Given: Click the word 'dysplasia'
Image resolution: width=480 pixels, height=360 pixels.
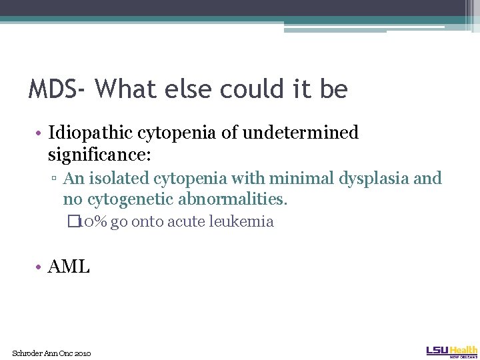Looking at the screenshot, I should click(x=373, y=179).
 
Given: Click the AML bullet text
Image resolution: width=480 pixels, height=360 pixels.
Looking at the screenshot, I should click(x=69, y=267).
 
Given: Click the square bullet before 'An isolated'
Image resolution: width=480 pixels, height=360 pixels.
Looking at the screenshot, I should click(x=56, y=179).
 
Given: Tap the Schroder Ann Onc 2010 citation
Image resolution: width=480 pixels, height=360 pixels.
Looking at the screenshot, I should click(x=51, y=353).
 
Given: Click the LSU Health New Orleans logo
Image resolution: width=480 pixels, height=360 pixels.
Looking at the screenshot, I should click(x=451, y=351).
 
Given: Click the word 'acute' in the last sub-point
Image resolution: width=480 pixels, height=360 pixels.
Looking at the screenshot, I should click(x=188, y=222).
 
